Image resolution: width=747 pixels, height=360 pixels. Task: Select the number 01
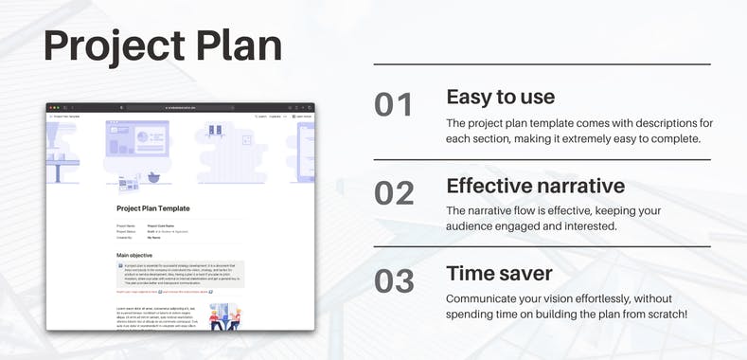click(x=394, y=105)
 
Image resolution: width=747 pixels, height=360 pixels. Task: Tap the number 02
click(x=394, y=192)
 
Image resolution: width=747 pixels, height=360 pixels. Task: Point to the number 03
click(x=394, y=281)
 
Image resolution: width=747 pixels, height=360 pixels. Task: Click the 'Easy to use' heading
click(x=500, y=98)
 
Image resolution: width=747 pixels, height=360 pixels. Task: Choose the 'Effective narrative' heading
click(x=536, y=185)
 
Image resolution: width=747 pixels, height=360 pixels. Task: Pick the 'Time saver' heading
click(x=499, y=274)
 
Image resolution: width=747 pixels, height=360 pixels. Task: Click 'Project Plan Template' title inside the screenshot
click(x=153, y=207)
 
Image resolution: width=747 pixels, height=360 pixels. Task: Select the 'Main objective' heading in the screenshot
click(x=136, y=255)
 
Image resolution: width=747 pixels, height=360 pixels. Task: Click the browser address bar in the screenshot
click(x=180, y=107)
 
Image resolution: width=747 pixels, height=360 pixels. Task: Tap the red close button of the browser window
click(x=50, y=107)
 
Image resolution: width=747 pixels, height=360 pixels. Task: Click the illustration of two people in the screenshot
click(x=222, y=317)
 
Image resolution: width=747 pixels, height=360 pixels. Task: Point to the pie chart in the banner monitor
click(x=146, y=139)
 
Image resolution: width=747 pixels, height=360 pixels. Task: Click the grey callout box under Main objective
click(x=180, y=274)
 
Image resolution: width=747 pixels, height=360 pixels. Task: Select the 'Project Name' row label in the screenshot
click(x=126, y=225)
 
